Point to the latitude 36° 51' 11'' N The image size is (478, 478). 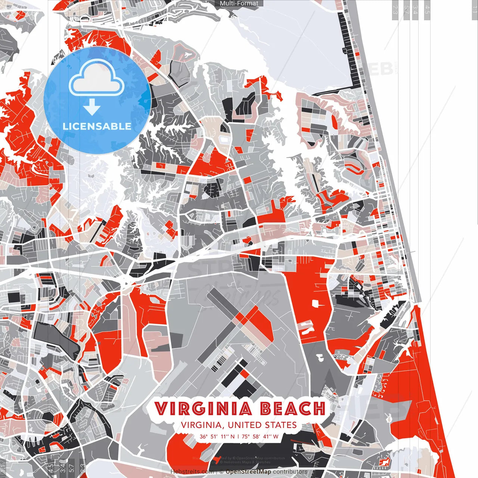point(217,436)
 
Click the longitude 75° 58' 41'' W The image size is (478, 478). point(260,436)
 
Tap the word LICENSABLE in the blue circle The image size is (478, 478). point(97,126)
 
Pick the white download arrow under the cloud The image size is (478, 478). point(92,108)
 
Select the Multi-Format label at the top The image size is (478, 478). point(239,3)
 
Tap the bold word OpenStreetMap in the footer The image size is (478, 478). point(248,472)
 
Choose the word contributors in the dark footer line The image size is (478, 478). point(290,472)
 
